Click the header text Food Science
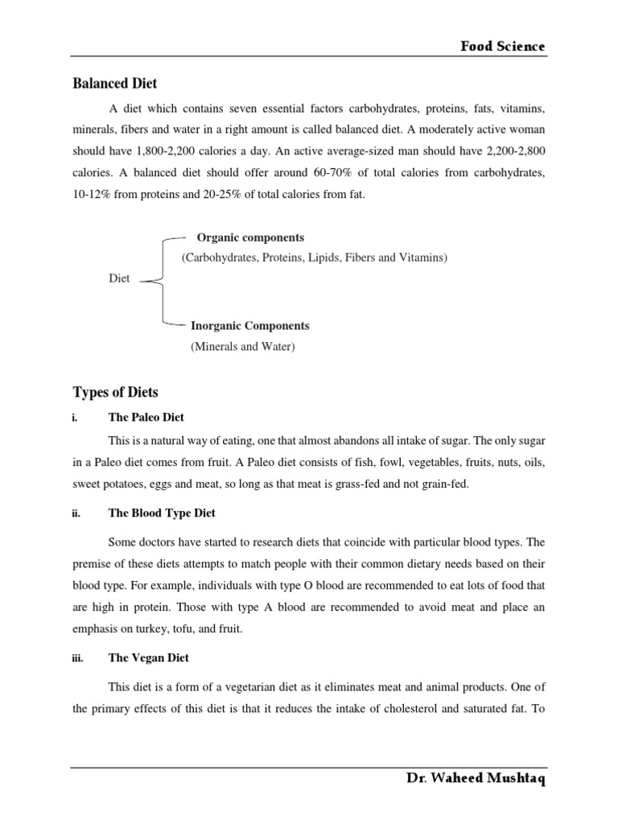click(x=502, y=47)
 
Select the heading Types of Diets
click(x=116, y=393)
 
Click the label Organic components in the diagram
click(x=250, y=237)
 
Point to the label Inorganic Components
click(x=249, y=326)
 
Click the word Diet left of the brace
click(x=119, y=278)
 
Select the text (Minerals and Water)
click(x=243, y=347)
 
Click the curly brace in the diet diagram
click(x=165, y=281)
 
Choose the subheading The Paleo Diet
click(x=146, y=417)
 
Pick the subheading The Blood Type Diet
click(x=162, y=513)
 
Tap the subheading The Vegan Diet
click(x=149, y=657)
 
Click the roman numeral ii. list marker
click(x=77, y=513)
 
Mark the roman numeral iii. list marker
click(x=78, y=658)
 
